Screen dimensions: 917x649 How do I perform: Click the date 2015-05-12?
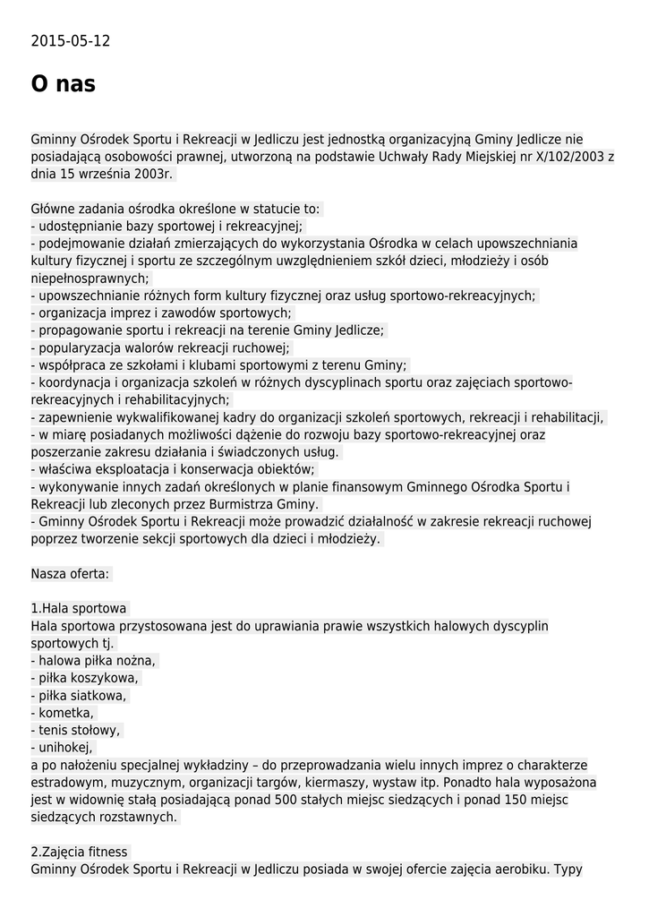click(x=71, y=41)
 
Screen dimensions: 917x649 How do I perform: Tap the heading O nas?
click(x=63, y=84)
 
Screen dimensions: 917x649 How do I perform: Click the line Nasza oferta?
click(x=70, y=573)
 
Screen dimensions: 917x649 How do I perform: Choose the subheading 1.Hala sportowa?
click(x=79, y=608)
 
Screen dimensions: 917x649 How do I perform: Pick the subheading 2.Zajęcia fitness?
click(x=80, y=852)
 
